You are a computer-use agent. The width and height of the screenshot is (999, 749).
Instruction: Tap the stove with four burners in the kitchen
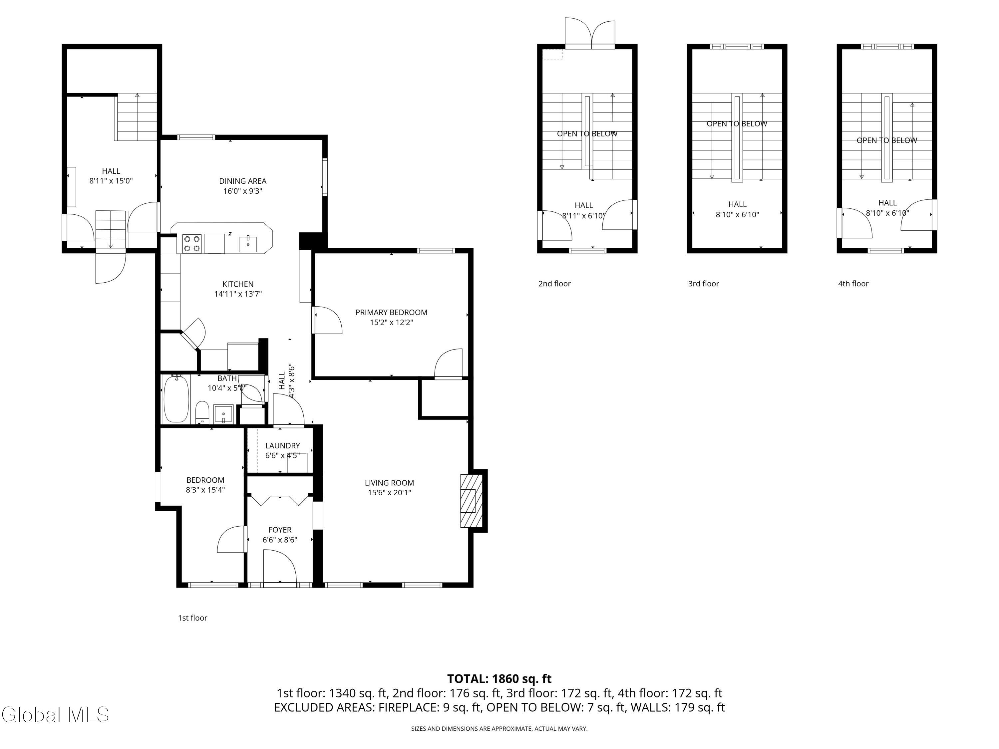pos(192,243)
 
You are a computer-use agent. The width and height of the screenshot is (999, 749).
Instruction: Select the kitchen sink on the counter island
pos(248,244)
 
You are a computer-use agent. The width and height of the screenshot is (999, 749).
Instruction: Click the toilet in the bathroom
pos(202,412)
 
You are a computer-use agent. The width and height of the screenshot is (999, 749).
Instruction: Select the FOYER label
pos(280,530)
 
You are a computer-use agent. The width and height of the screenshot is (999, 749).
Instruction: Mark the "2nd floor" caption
pos(554,284)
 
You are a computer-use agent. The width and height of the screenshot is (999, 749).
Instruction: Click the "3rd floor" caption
pos(704,284)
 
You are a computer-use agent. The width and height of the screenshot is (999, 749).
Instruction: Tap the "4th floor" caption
pos(853,284)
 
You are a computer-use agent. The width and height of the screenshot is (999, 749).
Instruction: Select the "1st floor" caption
pos(192,618)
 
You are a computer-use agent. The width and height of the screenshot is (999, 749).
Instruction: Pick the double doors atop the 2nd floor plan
pos(590,33)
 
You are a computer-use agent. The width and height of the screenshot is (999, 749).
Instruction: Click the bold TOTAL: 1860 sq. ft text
pos(499,678)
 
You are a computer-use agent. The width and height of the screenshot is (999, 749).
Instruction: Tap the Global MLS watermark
pos(55,715)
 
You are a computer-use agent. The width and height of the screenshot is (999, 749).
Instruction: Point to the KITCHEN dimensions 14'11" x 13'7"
pos(238,294)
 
